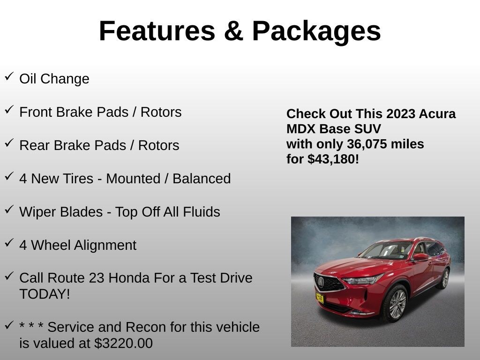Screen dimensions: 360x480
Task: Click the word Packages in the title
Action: (x=316, y=31)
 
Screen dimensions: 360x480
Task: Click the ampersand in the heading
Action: (x=233, y=31)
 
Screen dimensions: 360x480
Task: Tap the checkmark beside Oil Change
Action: (x=9, y=76)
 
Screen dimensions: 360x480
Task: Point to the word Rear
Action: (x=35, y=145)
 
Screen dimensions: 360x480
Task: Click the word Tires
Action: (x=75, y=179)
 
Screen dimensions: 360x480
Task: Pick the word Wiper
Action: (x=38, y=212)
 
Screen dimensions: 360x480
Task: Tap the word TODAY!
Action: (x=45, y=294)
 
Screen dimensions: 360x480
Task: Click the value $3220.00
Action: (x=123, y=343)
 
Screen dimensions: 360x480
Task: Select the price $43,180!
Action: (x=333, y=159)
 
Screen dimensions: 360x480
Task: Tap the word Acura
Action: (x=437, y=114)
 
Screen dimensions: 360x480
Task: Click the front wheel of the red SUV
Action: (x=397, y=303)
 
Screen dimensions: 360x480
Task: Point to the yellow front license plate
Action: (x=319, y=298)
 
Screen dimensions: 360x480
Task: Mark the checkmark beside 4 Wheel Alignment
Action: (x=9, y=243)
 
